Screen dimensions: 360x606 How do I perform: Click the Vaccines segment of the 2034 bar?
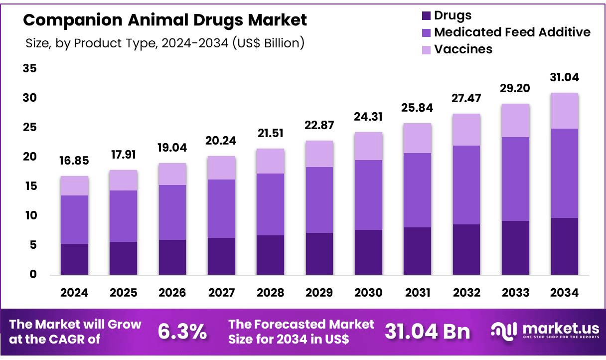click(564, 111)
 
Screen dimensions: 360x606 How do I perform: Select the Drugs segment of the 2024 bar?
click(74, 259)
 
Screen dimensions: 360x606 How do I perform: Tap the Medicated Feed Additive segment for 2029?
click(319, 199)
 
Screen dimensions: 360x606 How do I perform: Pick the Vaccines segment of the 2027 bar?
click(221, 168)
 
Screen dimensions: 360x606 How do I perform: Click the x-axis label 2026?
click(172, 293)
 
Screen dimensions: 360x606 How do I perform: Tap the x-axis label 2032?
click(466, 293)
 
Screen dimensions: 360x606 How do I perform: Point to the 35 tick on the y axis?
click(30, 68)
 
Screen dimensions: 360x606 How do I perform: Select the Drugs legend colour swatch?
click(426, 15)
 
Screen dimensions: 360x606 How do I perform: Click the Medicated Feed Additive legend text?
click(512, 32)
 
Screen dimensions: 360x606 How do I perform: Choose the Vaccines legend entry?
click(463, 49)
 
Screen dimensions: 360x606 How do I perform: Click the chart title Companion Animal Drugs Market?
click(165, 20)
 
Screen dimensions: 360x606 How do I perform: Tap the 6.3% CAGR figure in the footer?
click(182, 332)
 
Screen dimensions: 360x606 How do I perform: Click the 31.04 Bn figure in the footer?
click(427, 332)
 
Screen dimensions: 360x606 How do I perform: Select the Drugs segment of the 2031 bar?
click(417, 251)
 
